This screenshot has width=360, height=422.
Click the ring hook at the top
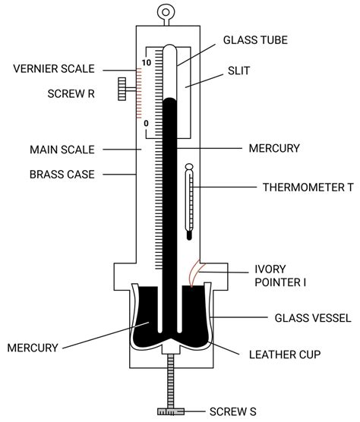(163, 12)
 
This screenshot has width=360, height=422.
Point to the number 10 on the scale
(147, 62)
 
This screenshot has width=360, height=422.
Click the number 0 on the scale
(147, 122)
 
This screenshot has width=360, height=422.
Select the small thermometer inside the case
(188, 203)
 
